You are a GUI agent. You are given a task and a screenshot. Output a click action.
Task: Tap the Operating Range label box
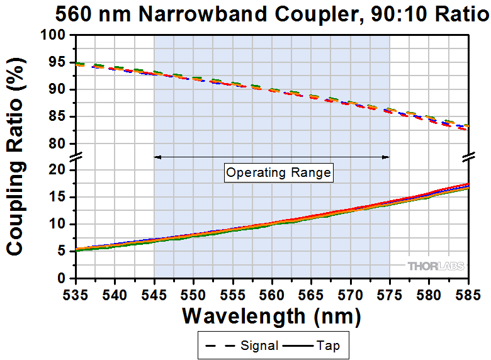tap(278, 172)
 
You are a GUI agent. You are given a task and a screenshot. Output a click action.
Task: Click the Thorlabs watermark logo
tap(436, 266)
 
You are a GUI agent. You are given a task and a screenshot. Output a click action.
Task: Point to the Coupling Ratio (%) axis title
tap(15, 157)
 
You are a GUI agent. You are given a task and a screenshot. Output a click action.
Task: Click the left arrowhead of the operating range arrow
tap(157, 157)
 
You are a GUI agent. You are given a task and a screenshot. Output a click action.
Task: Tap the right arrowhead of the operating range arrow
tap(387, 157)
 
